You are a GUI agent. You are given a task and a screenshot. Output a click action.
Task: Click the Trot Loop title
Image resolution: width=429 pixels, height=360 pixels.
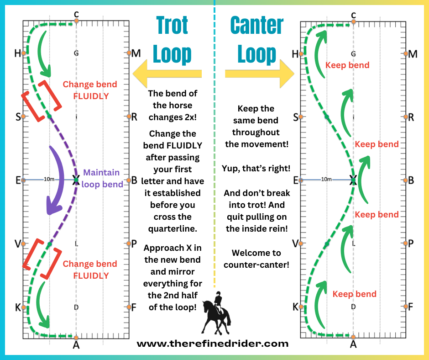[172, 40]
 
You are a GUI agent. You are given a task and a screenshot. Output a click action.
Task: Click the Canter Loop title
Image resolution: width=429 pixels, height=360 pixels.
[257, 40]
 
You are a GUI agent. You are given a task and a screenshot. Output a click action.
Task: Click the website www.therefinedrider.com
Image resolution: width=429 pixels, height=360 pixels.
[212, 344]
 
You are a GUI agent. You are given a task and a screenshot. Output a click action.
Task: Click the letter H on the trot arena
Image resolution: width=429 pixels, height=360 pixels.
[17, 53]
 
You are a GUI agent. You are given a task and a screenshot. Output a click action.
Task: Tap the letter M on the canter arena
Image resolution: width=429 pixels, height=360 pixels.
[413, 54]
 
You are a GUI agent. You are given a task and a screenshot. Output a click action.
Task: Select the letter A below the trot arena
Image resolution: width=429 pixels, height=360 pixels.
[76, 345]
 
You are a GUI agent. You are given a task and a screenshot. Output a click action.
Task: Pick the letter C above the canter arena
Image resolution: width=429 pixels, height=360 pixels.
[353, 15]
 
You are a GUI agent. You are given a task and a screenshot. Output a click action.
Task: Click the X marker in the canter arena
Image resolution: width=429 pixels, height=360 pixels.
[353, 180]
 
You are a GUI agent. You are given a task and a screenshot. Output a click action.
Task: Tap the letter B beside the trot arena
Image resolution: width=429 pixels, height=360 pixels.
[134, 180]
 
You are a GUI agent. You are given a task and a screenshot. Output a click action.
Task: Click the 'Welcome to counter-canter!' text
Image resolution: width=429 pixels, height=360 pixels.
[256, 259]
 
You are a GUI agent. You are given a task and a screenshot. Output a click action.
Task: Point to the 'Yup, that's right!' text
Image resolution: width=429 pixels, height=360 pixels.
[256, 168]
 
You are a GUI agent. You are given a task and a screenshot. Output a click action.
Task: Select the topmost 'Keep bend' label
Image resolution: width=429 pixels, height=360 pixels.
[347, 65]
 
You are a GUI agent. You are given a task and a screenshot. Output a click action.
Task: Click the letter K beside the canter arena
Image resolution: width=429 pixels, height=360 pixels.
[295, 307]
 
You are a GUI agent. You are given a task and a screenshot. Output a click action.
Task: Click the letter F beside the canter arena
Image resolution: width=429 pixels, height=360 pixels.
[410, 307]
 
